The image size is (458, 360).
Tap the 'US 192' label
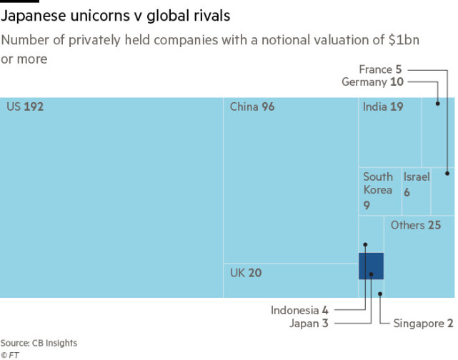point(25,107)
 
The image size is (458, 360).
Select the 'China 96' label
point(252,107)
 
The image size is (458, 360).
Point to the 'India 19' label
point(383,107)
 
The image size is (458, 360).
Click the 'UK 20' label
point(245,272)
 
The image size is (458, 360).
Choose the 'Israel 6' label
point(416,184)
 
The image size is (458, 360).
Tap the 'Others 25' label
point(416,225)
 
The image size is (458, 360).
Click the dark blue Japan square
point(371,266)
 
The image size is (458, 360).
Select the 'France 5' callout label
point(380,69)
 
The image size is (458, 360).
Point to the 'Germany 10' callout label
point(372,82)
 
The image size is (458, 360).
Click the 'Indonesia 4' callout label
point(299,310)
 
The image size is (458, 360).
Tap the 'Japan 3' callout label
point(309,324)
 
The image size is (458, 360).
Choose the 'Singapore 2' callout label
point(423,324)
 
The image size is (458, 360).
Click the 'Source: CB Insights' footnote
point(39,344)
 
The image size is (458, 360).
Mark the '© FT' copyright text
point(9,354)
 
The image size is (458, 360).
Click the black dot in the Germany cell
point(437,104)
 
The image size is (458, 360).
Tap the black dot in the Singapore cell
point(380,293)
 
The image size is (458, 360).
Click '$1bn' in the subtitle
point(402,40)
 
